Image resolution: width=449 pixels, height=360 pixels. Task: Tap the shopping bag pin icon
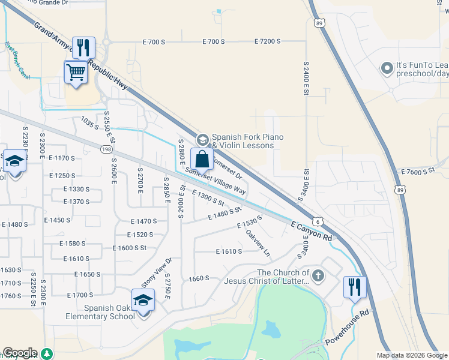coord(202,160)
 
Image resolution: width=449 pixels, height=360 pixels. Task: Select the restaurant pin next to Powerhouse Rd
coord(355,287)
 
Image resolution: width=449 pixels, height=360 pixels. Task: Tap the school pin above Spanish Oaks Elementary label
coord(143,299)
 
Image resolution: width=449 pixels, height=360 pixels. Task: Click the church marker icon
coord(318,276)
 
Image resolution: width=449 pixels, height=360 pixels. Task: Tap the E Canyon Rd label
coord(311,230)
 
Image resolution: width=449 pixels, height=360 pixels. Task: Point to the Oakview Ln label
coord(258,242)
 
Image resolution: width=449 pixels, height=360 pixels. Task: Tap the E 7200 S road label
coord(267,41)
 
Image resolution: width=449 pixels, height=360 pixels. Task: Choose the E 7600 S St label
coord(418,172)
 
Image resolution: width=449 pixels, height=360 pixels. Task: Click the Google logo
coord(20,353)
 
